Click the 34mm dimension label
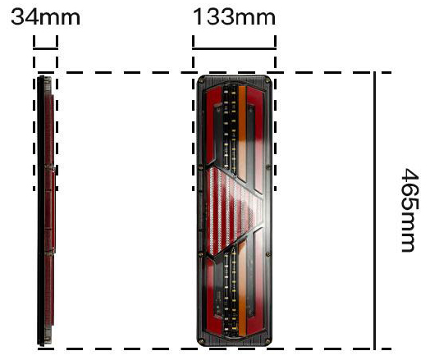click(x=45, y=17)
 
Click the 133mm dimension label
click(x=234, y=17)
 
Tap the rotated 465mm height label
click(x=410, y=210)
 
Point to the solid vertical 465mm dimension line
click(x=374, y=211)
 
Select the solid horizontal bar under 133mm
click(x=234, y=48)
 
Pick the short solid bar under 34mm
click(x=45, y=48)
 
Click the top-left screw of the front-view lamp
click(x=201, y=80)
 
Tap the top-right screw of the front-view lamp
click(x=267, y=80)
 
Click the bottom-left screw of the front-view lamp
click(x=202, y=341)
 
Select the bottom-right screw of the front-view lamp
click(x=268, y=341)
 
